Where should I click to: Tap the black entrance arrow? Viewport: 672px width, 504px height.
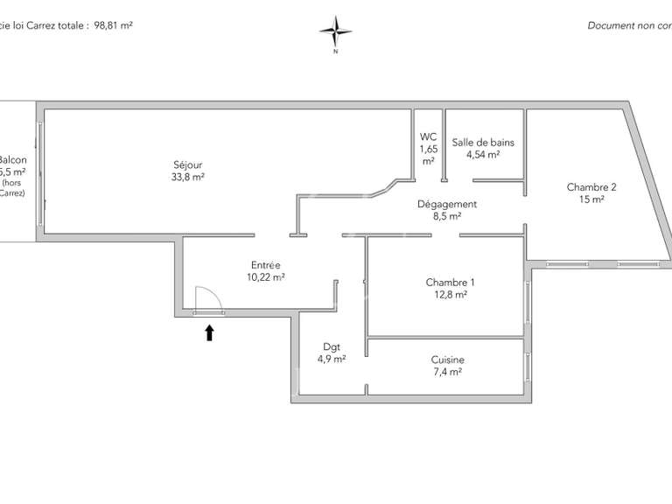tap(209, 332)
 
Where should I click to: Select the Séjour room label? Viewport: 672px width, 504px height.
tap(188, 163)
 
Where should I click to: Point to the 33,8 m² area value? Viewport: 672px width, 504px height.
tap(188, 176)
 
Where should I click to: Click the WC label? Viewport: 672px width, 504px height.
tap(428, 136)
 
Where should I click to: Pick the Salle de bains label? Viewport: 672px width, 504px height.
tap(483, 142)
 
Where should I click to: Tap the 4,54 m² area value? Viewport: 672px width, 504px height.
tap(483, 154)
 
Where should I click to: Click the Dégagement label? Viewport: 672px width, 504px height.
tap(446, 204)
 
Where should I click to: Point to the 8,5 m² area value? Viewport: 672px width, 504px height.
tap(446, 216)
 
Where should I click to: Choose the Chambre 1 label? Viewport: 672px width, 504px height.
tap(450, 282)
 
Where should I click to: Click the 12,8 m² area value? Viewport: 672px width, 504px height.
tap(450, 295)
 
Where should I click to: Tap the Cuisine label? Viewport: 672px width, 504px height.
tap(447, 359)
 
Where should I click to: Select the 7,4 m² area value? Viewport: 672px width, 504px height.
tap(447, 372)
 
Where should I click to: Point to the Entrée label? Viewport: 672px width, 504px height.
tap(265, 264)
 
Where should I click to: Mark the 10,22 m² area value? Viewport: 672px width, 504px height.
tap(265, 276)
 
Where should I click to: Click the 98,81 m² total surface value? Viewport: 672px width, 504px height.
tap(113, 25)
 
